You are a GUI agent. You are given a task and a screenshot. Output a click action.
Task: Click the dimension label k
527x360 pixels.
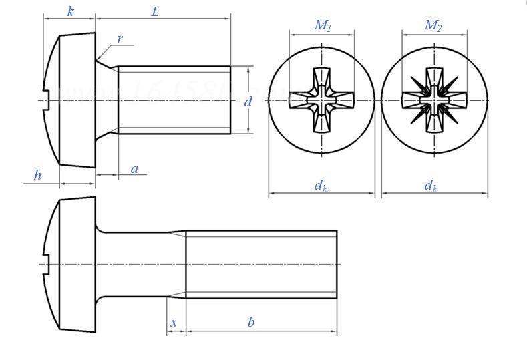(x=70, y=12)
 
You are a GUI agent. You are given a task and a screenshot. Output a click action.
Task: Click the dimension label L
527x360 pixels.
(x=155, y=12)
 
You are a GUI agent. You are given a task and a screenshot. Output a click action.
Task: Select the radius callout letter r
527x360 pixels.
(x=120, y=39)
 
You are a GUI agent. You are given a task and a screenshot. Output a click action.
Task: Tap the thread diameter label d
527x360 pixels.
(x=248, y=102)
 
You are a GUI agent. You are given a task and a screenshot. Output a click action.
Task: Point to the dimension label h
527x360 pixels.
(x=37, y=176)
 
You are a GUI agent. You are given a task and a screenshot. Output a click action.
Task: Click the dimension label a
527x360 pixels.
(x=134, y=169)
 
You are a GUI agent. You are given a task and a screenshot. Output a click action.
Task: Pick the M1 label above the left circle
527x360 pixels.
(x=323, y=26)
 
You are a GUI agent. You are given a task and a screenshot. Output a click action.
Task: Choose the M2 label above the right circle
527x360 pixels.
(x=433, y=26)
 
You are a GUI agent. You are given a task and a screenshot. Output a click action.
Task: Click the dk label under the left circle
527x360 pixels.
(x=321, y=186)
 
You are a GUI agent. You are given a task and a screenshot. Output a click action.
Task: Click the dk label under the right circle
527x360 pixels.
(x=431, y=186)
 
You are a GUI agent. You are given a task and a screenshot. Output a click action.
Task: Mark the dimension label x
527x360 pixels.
(x=174, y=323)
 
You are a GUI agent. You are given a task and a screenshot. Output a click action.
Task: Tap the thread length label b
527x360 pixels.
(x=251, y=323)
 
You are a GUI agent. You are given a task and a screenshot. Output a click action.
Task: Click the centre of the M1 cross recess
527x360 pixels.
(x=321, y=100)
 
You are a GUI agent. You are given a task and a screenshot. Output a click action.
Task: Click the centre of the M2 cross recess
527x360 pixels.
(x=434, y=100)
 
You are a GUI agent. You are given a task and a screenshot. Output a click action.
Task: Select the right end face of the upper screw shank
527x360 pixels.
(x=230, y=100)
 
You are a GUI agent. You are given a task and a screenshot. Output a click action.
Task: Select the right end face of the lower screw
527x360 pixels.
(x=337, y=264)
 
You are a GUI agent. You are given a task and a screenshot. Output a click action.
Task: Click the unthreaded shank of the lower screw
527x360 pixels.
(x=140, y=264)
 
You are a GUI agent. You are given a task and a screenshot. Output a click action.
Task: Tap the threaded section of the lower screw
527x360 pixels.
(x=260, y=264)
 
